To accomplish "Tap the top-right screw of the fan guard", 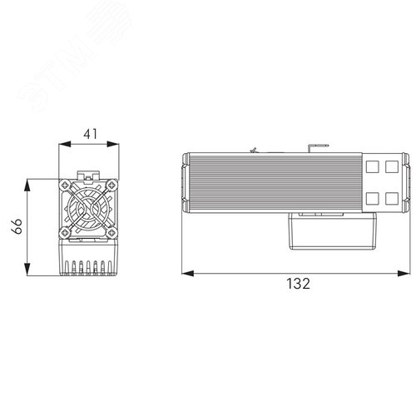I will pyautogui.click(x=111, y=183).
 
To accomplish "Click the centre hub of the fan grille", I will pyautogui.click(x=87, y=208).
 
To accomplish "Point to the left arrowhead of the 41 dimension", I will pyautogui.click(x=59, y=145).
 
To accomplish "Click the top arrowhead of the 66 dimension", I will pyautogui.click(x=28, y=180).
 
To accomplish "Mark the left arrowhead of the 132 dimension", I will pyautogui.click(x=185, y=271).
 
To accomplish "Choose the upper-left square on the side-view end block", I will pyautogui.click(x=346, y=166).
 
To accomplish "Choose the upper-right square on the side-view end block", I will pyautogui.click(x=368, y=166).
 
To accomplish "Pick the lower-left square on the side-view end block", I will pyautogui.click(x=346, y=197).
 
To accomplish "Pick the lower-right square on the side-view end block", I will pyautogui.click(x=368, y=197).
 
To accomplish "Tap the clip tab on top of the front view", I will pyautogui.click(x=87, y=171).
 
